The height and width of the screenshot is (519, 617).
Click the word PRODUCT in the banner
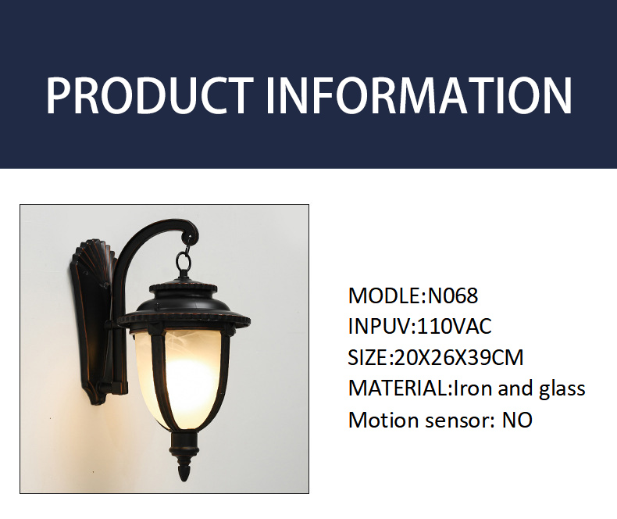(150, 95)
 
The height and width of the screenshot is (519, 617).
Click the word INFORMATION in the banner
(419, 95)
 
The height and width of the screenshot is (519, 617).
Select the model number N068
(452, 295)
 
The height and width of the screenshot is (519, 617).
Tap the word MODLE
(384, 295)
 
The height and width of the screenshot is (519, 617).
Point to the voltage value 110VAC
(454, 327)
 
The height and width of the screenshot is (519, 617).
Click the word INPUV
(380, 327)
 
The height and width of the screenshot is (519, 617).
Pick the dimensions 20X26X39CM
(458, 357)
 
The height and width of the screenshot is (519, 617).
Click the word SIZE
(368, 357)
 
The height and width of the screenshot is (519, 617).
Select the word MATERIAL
(398, 388)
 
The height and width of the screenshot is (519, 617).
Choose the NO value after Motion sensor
(517, 420)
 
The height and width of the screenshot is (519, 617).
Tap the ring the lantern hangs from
(183, 261)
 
